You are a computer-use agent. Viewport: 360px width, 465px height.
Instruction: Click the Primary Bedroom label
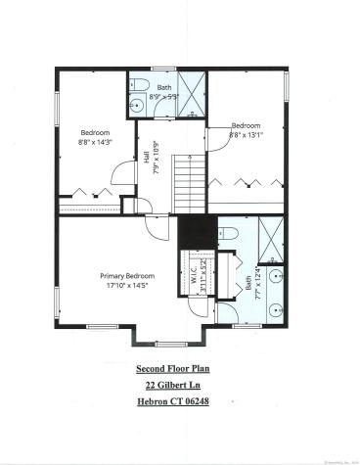click(126, 276)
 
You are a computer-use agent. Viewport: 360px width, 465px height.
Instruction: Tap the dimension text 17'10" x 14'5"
click(126, 287)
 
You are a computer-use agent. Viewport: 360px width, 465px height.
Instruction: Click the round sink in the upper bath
click(136, 104)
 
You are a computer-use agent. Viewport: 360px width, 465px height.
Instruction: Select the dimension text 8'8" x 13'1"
click(246, 135)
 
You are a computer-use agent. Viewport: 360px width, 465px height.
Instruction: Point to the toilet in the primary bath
click(227, 232)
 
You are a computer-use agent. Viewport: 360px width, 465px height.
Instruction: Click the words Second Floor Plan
click(180, 369)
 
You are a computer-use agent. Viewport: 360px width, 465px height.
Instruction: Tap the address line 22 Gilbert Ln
click(180, 386)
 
